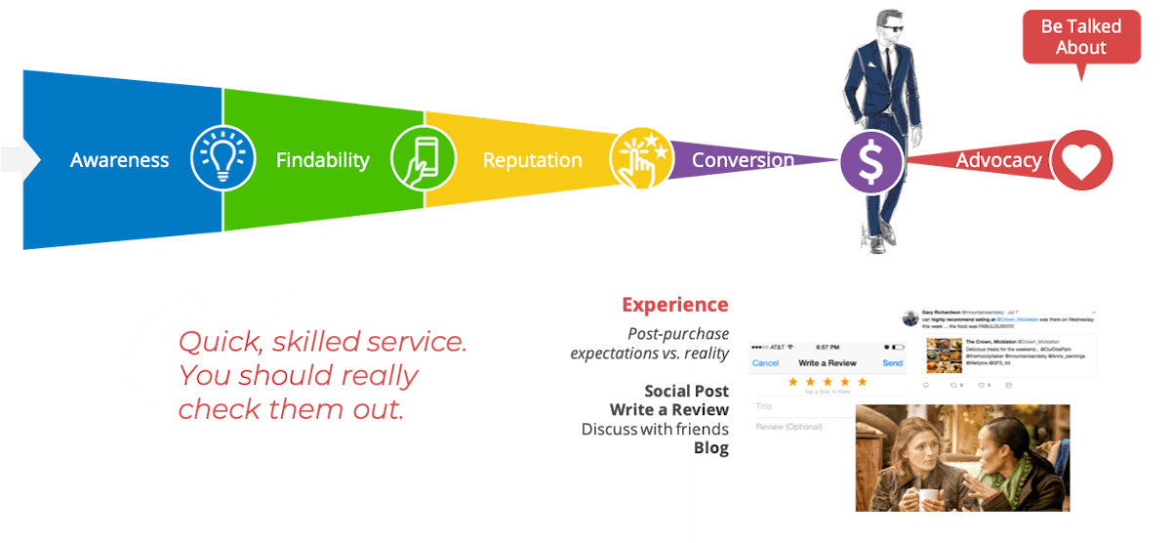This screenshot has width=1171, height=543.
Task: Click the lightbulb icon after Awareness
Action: pyautogui.click(x=222, y=159)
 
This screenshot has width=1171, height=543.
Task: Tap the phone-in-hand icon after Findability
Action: pyautogui.click(x=424, y=159)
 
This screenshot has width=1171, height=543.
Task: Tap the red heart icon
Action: pyautogui.click(x=1081, y=160)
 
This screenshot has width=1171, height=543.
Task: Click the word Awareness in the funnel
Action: pyautogui.click(x=119, y=160)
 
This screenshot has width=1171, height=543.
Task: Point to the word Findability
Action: pyautogui.click(x=322, y=160)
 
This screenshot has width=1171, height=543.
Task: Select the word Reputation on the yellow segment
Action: pyautogui.click(x=532, y=160)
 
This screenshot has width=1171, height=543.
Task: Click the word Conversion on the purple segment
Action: pyautogui.click(x=743, y=160)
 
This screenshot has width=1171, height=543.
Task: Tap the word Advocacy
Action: pyautogui.click(x=998, y=160)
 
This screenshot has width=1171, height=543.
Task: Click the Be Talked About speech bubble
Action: pyautogui.click(x=1080, y=37)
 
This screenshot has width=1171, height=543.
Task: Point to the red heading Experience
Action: pyautogui.click(x=674, y=305)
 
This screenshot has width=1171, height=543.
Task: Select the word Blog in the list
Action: pyautogui.click(x=710, y=448)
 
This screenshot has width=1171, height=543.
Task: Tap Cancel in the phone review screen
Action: pyautogui.click(x=765, y=363)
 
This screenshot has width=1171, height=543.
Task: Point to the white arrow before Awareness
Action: pyautogui.click(x=20, y=159)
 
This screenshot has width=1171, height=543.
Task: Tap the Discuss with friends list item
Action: pyautogui.click(x=655, y=430)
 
